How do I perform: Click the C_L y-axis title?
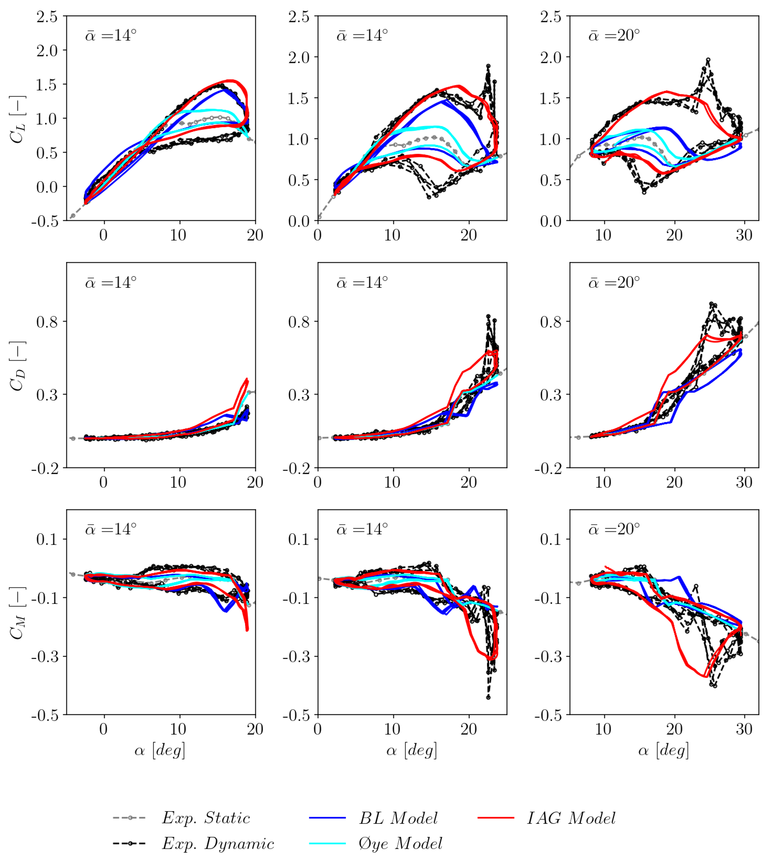point(18,120)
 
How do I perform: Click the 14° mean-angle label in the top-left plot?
point(111,35)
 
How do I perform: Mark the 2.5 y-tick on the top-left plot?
point(47,17)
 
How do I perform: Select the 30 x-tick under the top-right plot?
point(744,235)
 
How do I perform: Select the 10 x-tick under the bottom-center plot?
point(392,729)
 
